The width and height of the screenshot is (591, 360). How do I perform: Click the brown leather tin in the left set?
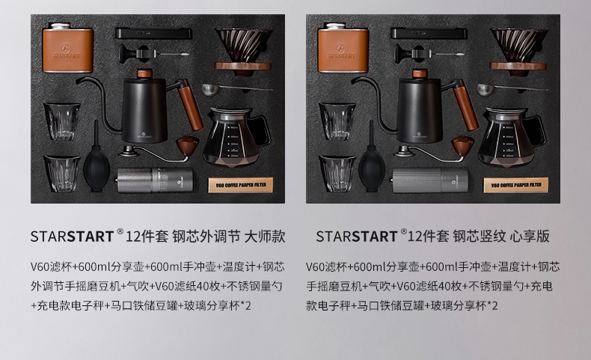(x=67, y=48)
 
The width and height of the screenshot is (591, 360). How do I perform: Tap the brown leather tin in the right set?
(x=343, y=48)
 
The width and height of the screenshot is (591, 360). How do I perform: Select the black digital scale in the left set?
(x=153, y=33)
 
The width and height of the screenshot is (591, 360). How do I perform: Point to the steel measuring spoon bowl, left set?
(x=209, y=90)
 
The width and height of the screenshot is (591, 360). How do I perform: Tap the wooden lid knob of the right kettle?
(x=420, y=73)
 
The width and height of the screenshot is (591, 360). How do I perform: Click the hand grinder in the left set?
(x=155, y=180)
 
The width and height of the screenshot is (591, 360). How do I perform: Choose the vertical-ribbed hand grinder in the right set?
(x=429, y=180)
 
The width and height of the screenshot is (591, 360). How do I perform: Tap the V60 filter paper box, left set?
(x=241, y=185)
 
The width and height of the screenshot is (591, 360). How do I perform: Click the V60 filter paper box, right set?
(x=516, y=185)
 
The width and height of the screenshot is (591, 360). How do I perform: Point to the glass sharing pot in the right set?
(x=511, y=138)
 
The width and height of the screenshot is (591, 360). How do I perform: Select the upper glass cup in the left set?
(x=62, y=121)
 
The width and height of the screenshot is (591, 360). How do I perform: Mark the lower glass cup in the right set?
(x=337, y=173)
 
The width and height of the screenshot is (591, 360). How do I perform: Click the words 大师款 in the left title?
(x=265, y=237)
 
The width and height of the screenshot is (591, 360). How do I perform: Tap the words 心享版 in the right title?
(x=530, y=237)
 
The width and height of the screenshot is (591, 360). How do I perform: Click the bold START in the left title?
(x=91, y=237)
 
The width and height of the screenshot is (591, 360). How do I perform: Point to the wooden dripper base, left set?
(x=242, y=67)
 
